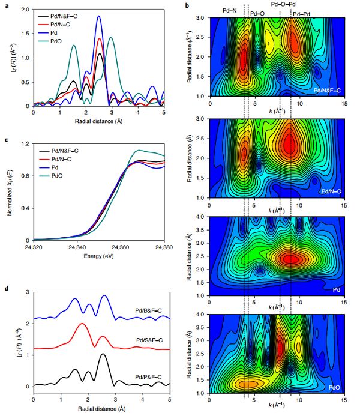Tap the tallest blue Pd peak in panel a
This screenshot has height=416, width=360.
99,17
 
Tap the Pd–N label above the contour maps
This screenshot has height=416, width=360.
230,11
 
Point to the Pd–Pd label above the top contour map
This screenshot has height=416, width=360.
302,12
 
